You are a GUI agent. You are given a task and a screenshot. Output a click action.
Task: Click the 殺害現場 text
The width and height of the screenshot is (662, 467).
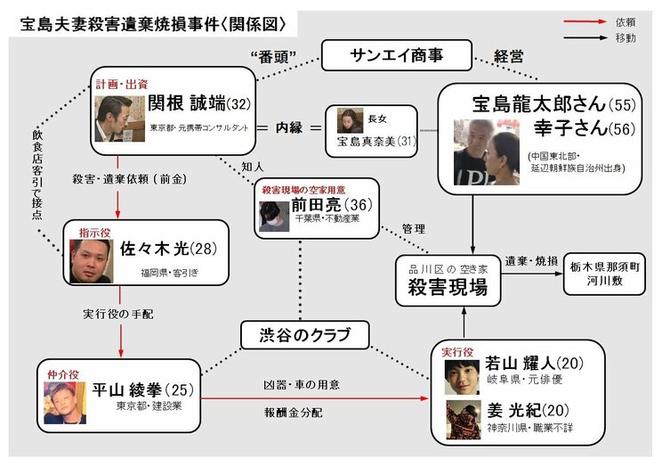[443, 288]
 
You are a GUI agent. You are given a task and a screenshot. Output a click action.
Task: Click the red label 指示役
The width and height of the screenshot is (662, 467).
[93, 231]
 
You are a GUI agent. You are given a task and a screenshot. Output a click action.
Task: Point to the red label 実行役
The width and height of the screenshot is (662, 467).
[460, 351]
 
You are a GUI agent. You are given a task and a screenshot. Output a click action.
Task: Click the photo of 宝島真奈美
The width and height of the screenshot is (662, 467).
[350, 119]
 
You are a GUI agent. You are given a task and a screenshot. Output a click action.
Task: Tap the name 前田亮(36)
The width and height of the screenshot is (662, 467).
[331, 206]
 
